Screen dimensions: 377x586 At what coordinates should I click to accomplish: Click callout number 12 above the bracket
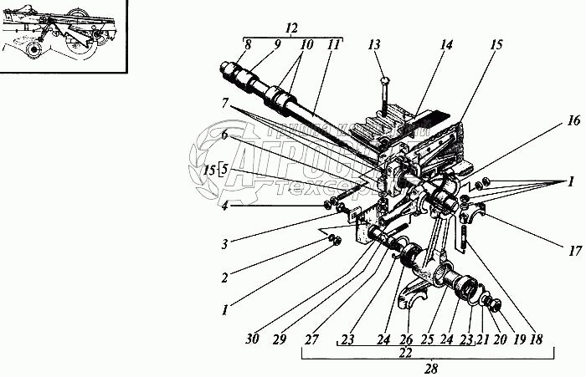(x=292, y=28)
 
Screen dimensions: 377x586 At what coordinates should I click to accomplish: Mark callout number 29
(x=280, y=340)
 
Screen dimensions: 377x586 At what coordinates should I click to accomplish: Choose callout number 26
(x=407, y=340)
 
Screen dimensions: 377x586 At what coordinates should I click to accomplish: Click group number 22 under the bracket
(x=406, y=354)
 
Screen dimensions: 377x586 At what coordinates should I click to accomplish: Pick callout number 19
(x=519, y=340)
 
